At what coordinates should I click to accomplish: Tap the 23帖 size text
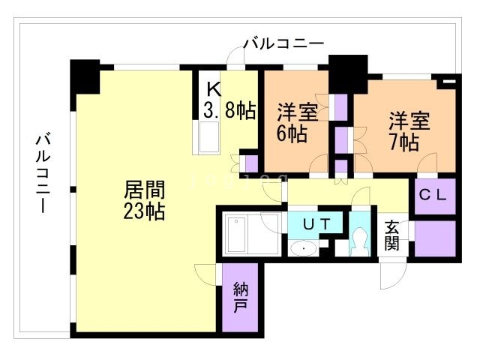click(145, 211)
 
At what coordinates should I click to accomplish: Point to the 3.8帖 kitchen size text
click(229, 111)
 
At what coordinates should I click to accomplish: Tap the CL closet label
click(433, 196)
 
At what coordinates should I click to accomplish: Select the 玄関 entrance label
click(392, 236)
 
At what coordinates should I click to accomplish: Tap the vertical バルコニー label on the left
click(43, 172)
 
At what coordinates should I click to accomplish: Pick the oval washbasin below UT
click(304, 250)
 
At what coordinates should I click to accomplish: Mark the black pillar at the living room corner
click(85, 75)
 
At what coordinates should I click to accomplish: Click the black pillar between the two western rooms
click(347, 71)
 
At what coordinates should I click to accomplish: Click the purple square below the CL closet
click(435, 238)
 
